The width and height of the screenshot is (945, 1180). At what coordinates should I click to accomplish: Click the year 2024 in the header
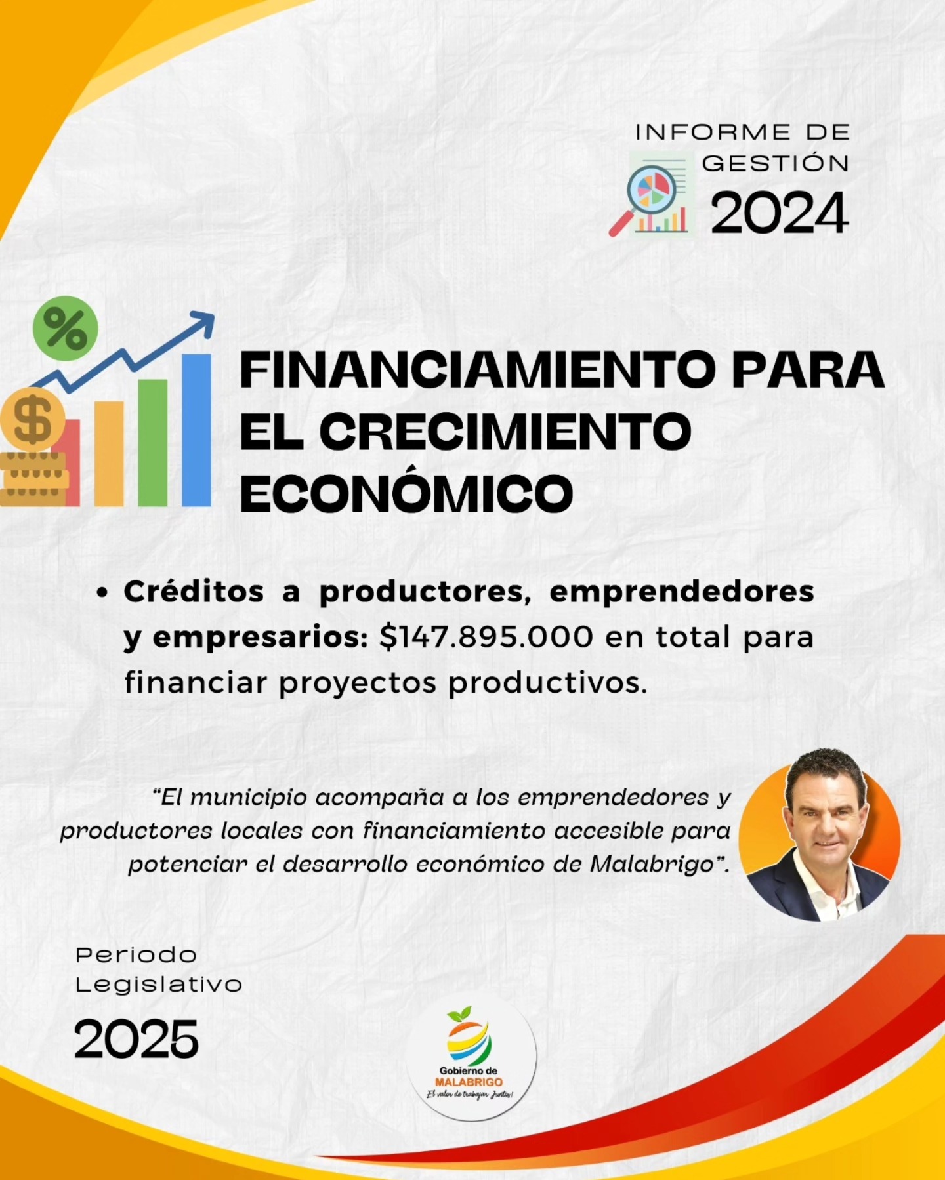point(780,213)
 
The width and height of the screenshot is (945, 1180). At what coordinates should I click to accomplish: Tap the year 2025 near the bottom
point(136,1039)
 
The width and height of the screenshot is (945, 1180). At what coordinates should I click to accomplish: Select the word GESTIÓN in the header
point(776,163)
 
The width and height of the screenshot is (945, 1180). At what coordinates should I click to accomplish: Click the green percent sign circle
point(65,329)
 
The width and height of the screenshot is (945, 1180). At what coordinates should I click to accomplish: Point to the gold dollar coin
point(32,419)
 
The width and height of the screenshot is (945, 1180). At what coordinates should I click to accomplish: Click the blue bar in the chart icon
point(196,430)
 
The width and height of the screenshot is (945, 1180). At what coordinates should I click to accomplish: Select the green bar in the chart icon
point(153,443)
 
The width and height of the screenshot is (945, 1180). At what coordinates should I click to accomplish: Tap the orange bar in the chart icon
point(109,454)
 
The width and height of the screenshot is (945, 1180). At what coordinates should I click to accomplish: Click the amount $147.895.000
point(486,637)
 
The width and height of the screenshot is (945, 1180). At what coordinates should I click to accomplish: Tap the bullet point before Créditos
point(102,592)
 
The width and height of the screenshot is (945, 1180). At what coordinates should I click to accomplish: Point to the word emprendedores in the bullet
point(682,592)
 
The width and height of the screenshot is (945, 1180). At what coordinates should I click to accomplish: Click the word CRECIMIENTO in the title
point(505,432)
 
